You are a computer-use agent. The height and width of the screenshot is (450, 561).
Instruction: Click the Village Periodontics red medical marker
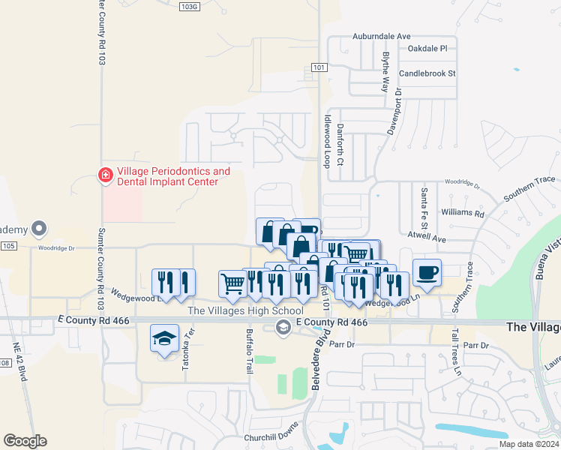point(106,175)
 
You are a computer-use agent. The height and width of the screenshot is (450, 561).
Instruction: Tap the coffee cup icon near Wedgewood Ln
point(427,273)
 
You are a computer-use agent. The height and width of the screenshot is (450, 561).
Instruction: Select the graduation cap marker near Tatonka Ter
point(164,338)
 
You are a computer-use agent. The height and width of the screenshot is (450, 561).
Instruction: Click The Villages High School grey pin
point(283,326)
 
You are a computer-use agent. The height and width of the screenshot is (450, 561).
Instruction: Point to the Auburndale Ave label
point(382,36)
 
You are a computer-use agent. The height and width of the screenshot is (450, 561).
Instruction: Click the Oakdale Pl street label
point(427,48)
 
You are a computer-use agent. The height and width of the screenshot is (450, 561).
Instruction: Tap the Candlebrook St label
point(427,73)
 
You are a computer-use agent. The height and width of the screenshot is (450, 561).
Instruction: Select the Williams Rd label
point(463,213)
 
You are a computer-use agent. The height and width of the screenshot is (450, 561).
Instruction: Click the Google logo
point(25,441)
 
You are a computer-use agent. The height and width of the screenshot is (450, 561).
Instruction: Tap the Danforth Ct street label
point(340,145)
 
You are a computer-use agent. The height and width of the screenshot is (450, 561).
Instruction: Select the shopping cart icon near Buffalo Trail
point(232,283)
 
